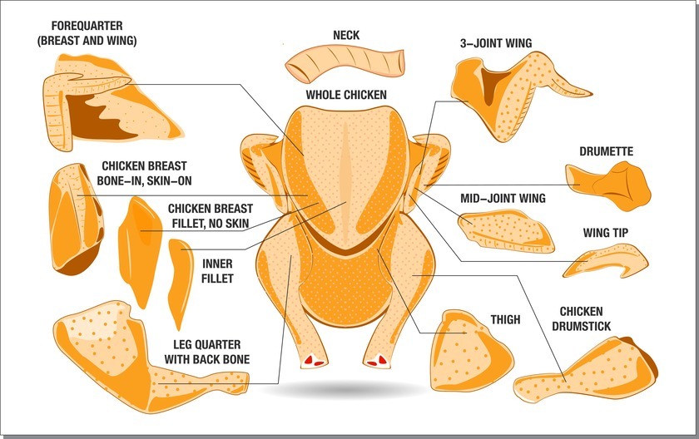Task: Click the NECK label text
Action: coord(345,35)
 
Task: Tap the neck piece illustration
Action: coord(343,64)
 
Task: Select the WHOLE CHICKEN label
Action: coord(346,95)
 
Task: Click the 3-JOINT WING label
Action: coord(495,43)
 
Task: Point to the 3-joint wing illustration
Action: coord(508,96)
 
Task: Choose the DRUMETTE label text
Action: coord(606,152)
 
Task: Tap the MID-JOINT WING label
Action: coord(503,199)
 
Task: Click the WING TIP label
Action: coord(609,233)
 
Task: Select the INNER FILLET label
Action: coord(217,271)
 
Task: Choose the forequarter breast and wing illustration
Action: coord(92,100)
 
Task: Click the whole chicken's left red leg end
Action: coord(314,361)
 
